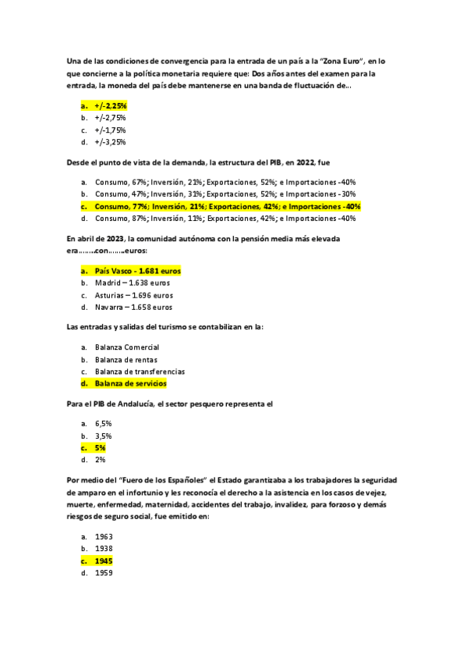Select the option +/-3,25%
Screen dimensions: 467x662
[x=110, y=143]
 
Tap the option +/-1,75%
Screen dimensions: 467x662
[x=110, y=130]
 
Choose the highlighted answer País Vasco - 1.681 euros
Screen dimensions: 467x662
[x=137, y=270]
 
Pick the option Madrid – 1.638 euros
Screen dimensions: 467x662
[x=132, y=283]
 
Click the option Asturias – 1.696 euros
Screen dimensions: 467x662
[x=133, y=295]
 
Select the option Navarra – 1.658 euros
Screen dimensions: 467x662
[x=133, y=308]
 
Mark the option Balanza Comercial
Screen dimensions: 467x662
[x=127, y=347]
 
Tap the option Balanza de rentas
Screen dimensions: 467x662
[x=126, y=359]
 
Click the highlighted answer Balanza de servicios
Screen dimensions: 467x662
[x=130, y=384]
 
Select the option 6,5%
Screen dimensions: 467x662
[x=104, y=423]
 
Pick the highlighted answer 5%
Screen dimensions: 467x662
[x=100, y=448]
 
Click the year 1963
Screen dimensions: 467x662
[x=104, y=537]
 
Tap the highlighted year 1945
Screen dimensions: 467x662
[x=104, y=561]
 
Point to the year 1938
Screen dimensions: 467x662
[x=104, y=549]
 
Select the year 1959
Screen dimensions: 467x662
[x=104, y=574]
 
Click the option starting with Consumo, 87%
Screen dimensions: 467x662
[x=225, y=219]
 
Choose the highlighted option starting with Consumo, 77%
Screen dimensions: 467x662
[x=227, y=207]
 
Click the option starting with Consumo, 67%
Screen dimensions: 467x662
[x=225, y=182]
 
